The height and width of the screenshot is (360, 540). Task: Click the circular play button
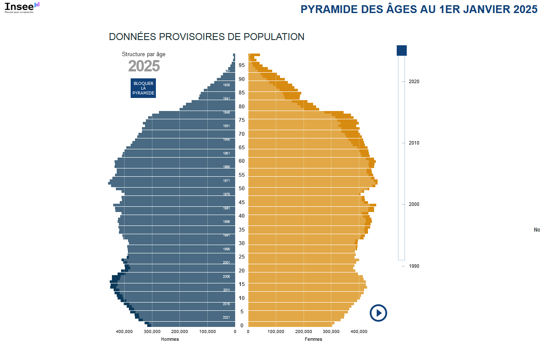coord(378,313)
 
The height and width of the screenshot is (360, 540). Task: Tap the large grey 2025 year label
coord(144,66)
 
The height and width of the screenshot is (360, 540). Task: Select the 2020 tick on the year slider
coord(414,81)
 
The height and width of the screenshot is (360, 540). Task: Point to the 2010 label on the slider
coord(414,143)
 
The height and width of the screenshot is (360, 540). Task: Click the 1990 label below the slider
coord(414,266)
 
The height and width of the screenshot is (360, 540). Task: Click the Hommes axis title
coord(170,339)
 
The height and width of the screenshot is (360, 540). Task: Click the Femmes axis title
coord(314,339)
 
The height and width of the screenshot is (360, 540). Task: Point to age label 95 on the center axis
coord(242,65)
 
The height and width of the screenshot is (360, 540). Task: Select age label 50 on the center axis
coord(242,188)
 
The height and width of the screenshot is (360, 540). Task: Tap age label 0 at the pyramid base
coord(242,325)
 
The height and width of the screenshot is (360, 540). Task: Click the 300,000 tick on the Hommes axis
coord(152,332)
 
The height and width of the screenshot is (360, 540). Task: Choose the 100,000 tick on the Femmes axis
coord(276,332)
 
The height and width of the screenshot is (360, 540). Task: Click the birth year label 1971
coord(226,181)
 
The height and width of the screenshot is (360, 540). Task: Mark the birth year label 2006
coord(226,276)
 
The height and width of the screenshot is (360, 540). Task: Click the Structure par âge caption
coord(144,54)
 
